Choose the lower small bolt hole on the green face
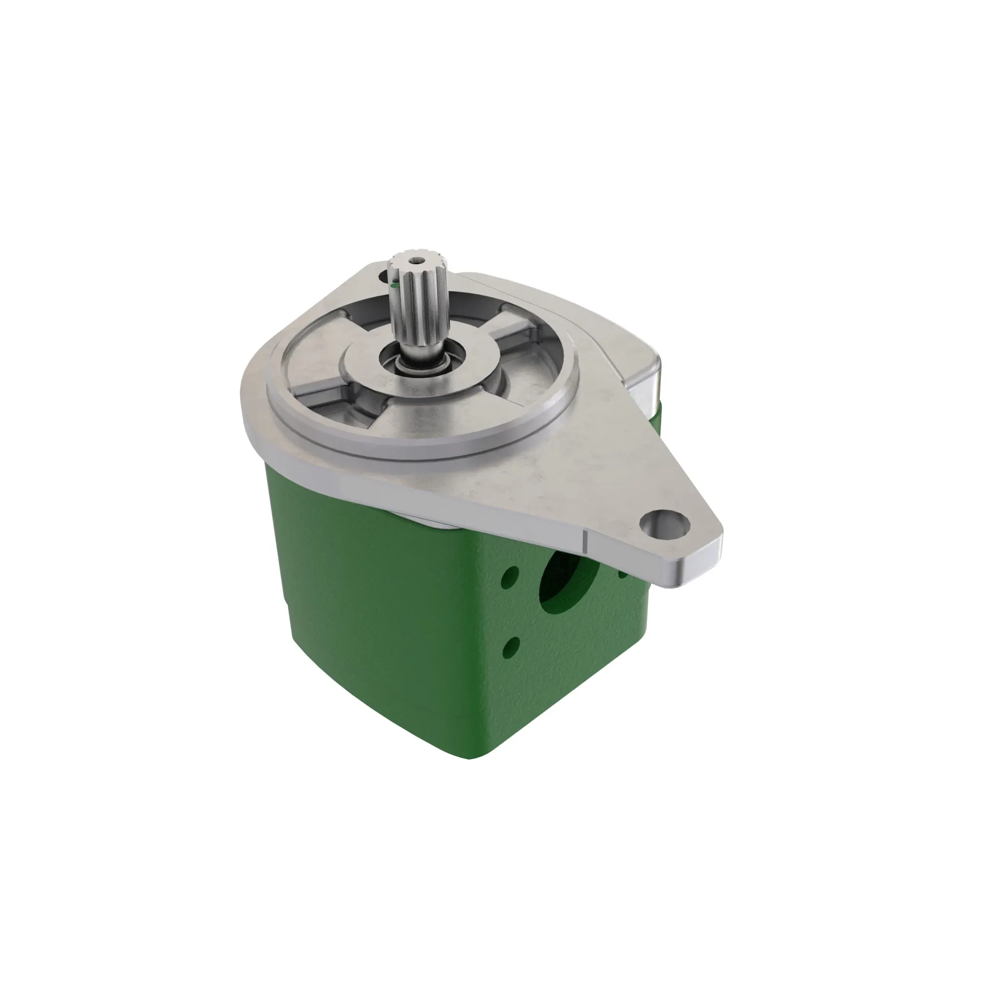pyautogui.click(x=510, y=647)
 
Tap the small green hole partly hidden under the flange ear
pyautogui.click(x=623, y=573)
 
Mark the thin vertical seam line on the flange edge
pyautogui.click(x=585, y=542)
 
